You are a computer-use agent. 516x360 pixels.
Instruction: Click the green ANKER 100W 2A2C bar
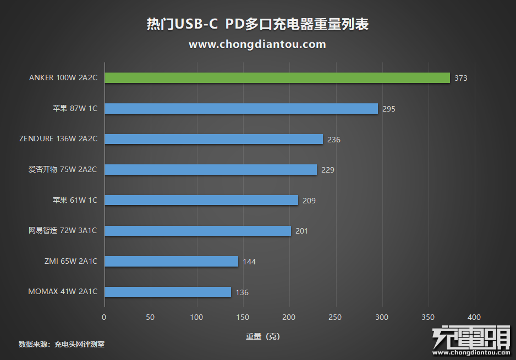tap(277, 78)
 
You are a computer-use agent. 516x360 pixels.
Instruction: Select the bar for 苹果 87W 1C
tap(241, 109)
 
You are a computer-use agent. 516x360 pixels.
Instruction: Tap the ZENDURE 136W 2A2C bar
tap(213, 139)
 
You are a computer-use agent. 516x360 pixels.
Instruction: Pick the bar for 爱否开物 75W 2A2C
tap(211, 170)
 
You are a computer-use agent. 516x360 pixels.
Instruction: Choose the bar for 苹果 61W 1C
tap(201, 200)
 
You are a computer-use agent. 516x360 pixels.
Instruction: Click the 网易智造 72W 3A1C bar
tap(197, 231)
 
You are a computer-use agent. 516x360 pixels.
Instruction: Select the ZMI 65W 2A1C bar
tap(171, 261)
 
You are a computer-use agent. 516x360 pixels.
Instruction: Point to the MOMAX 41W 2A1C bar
tap(168, 292)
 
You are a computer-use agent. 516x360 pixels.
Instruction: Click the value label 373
tap(461, 79)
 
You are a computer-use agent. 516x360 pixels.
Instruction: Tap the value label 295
tap(389, 109)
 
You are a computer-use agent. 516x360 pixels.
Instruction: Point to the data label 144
tap(249, 262)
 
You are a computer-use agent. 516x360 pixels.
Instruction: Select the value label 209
tap(309, 201)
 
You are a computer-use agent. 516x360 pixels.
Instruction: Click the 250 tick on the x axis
tap(335, 317)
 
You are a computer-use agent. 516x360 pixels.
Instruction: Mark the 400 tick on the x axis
tap(474, 317)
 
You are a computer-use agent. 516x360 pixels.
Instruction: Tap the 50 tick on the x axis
tap(150, 317)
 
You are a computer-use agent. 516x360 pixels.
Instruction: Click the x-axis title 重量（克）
tap(262, 336)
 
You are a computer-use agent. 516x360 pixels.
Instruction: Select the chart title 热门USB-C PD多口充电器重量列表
tap(257, 25)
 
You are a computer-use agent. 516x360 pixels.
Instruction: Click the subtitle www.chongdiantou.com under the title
tap(257, 44)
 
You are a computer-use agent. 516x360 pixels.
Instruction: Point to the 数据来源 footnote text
tap(62, 345)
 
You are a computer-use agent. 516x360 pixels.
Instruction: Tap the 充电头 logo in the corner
tap(471, 341)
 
